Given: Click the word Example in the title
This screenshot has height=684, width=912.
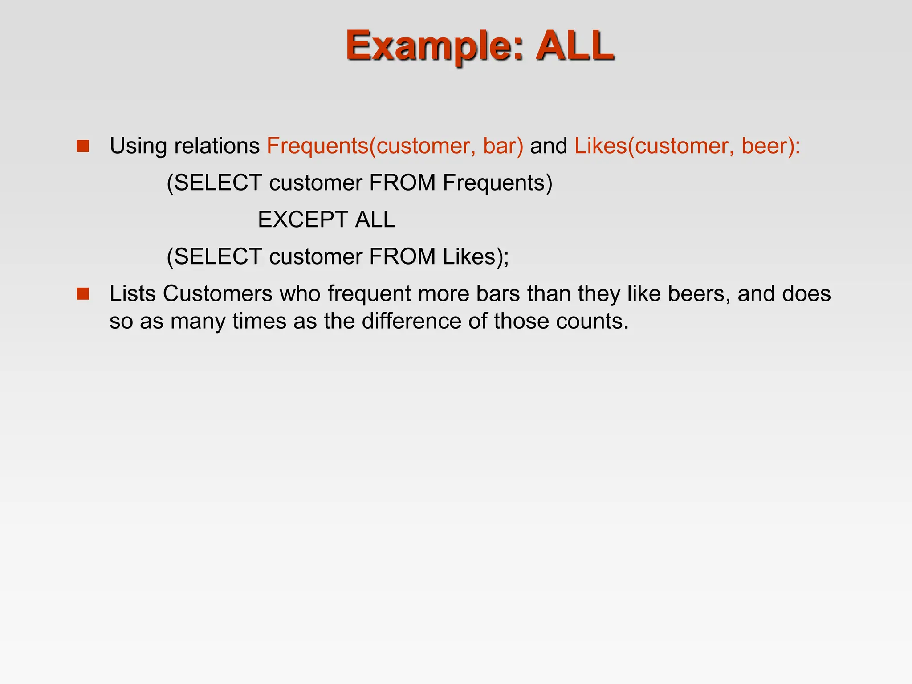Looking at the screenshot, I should coord(426,46).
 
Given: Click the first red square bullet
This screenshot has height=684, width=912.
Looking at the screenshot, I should coord(83,146).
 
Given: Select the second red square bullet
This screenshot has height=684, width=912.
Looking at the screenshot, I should coord(83,294).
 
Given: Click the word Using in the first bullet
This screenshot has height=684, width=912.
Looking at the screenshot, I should coord(138,146).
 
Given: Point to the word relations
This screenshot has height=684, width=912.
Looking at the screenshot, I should coord(217,146).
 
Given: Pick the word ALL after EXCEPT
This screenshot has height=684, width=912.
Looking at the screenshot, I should coord(375,220).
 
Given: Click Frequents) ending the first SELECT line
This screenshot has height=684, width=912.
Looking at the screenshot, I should coord(497,183).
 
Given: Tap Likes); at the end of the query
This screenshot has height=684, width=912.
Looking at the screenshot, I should coord(476,256).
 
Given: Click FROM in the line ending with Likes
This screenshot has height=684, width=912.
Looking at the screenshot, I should coord(402,256).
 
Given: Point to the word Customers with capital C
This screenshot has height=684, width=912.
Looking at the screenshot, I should coord(217,294).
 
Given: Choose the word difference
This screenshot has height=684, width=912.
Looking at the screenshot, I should coord(411,321).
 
